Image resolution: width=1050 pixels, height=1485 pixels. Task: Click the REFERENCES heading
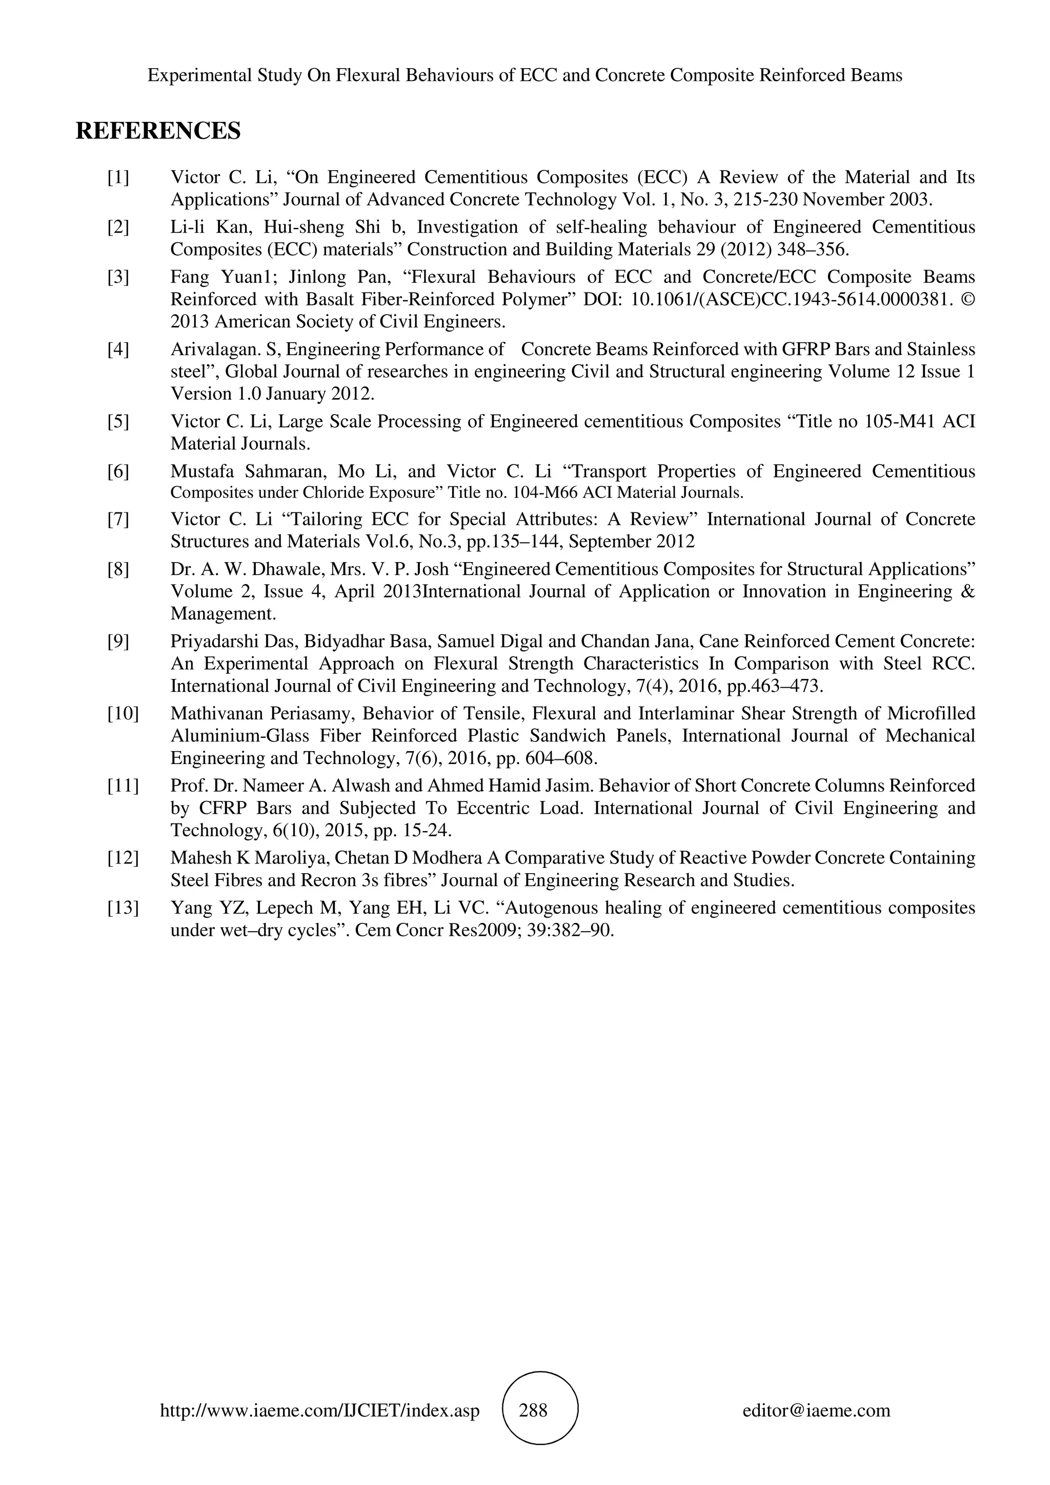158,131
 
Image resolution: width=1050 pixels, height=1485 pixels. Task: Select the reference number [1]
118,177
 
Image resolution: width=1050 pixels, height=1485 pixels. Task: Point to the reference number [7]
118,520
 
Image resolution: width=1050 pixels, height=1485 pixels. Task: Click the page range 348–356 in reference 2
813,249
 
